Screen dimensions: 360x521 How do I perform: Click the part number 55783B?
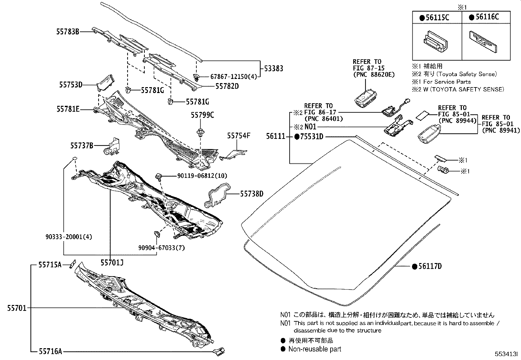(x=67, y=32)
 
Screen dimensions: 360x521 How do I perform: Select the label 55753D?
(x=70, y=85)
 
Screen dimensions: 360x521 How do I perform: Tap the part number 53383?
(x=274, y=68)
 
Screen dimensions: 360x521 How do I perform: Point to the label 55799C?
(x=203, y=115)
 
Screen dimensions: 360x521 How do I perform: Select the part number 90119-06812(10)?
(x=202, y=176)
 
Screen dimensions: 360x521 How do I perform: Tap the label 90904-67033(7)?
(x=161, y=248)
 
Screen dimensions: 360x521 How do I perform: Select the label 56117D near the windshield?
(x=430, y=266)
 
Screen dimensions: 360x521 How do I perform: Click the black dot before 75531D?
(x=297, y=137)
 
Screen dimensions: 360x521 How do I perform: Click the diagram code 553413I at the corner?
(x=506, y=354)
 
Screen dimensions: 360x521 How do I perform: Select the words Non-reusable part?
(x=314, y=349)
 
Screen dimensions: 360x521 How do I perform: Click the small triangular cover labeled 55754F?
(x=237, y=154)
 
